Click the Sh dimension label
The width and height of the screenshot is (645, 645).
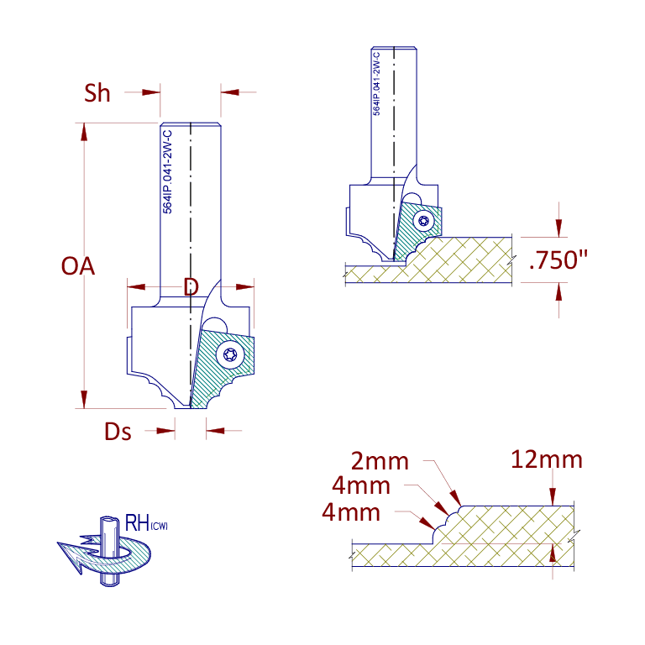pos(97,93)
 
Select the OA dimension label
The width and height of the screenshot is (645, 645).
pos(78,266)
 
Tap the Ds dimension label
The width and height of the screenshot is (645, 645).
pos(118,432)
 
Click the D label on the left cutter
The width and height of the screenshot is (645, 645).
pos(191,286)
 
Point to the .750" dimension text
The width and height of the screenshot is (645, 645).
pos(558,260)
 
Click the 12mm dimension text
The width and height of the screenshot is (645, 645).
pos(547,459)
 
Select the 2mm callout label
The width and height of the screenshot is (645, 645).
pos(380,461)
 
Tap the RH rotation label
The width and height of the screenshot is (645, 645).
pos(146,523)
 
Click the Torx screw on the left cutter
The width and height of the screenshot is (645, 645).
pos(230,354)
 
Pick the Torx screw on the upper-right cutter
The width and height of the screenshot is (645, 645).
pos(423,221)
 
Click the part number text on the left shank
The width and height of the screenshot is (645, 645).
pos(167,172)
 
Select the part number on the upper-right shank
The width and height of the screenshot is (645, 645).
pos(377,83)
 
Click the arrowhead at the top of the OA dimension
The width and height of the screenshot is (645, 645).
pos(84,132)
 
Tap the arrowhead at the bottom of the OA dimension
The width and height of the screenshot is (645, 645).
pos(84,400)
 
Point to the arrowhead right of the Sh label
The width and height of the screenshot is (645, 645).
pos(151,92)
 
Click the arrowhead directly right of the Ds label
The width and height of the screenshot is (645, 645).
pos(165,431)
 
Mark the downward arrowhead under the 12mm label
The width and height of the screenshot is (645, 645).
pos(552,497)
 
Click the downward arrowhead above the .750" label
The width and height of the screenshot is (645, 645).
pos(558,228)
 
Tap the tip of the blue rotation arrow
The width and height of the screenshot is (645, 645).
pos(58,543)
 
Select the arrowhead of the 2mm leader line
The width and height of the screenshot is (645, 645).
pos(456,498)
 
